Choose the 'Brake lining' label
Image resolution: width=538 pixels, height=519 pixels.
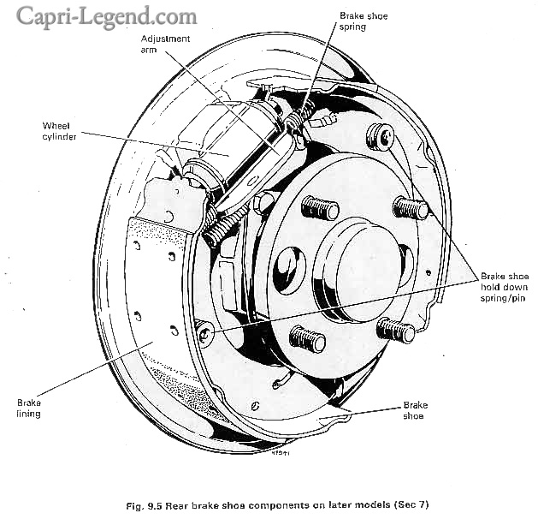[29, 406]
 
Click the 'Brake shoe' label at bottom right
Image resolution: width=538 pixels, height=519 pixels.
[416, 410]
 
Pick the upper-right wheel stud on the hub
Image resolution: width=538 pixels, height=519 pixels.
[410, 208]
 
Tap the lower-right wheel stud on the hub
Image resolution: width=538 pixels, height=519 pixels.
[396, 328]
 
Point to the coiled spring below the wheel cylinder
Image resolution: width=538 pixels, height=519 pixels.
[225, 225]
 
